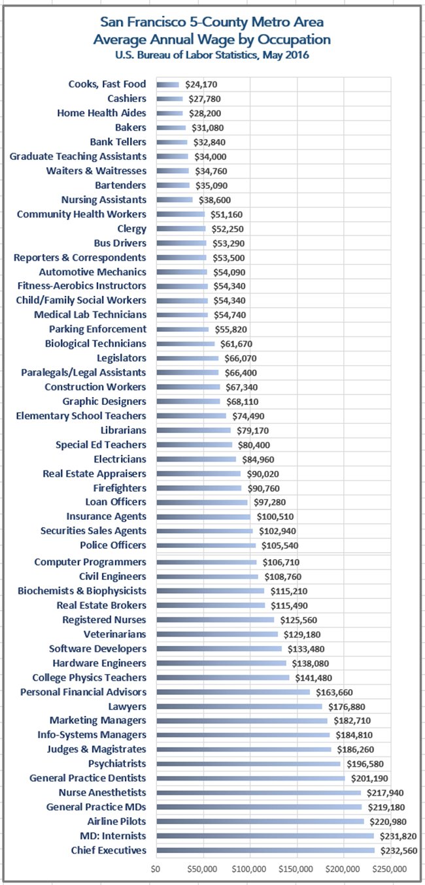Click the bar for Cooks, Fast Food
pyautogui.click(x=167, y=84)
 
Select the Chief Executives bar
pyautogui.click(x=265, y=850)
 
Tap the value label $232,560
pyautogui.click(x=398, y=850)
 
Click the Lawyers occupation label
pyautogui.click(x=127, y=707)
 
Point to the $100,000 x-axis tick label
pyautogui.click(x=248, y=869)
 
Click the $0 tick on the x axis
pyautogui.click(x=156, y=869)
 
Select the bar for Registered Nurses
pyautogui.click(x=215, y=619)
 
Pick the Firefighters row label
pyautogui.click(x=120, y=488)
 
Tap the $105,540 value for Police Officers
pyautogui.click(x=280, y=545)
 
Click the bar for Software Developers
pyautogui.click(x=219, y=649)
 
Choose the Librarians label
pyautogui.click(x=124, y=430)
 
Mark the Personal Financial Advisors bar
pyautogui.click(x=233, y=692)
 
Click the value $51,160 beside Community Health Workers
pyautogui.click(x=226, y=214)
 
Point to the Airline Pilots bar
pyautogui.click(x=260, y=822)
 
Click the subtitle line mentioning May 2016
pyautogui.click(x=212, y=55)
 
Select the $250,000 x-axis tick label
pyautogui.click(x=390, y=869)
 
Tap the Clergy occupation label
pyautogui.click(x=131, y=229)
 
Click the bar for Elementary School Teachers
pyautogui.click(x=192, y=415)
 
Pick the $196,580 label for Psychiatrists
pyautogui.click(x=365, y=764)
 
